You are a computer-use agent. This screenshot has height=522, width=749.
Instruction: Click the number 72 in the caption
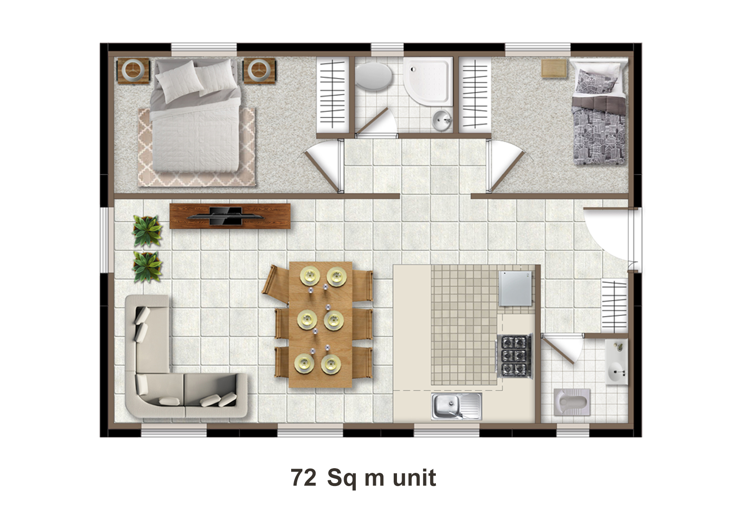[x=303, y=478]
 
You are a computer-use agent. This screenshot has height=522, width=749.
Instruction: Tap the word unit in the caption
[x=414, y=477]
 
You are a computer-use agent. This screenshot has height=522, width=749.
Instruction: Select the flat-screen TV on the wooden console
[x=226, y=216]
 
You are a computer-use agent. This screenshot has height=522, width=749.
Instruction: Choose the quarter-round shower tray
[x=428, y=81]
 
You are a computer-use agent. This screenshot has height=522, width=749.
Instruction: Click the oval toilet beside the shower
[x=374, y=77]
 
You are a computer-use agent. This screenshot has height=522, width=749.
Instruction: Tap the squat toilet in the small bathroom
[x=572, y=402]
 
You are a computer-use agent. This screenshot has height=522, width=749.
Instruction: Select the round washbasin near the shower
[x=442, y=120]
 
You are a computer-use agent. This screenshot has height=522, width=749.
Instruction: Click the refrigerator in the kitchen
[x=515, y=289]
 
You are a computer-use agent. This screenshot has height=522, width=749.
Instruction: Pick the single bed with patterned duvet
[x=599, y=112]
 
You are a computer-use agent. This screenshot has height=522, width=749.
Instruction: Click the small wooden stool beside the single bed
[x=554, y=69]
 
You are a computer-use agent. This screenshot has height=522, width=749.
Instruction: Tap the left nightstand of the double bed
[x=133, y=71]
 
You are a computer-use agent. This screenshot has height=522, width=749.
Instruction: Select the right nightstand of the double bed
[x=259, y=71]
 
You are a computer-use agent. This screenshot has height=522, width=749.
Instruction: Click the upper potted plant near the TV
[x=147, y=231]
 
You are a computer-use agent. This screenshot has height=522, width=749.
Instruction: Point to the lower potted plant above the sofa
[x=147, y=267]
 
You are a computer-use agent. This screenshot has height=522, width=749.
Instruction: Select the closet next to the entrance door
[x=614, y=305]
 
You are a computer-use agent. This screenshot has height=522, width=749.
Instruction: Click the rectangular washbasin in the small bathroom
[x=617, y=362]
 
